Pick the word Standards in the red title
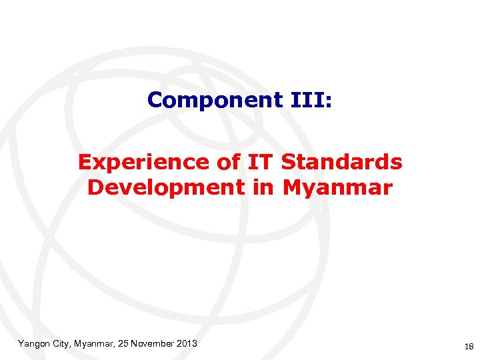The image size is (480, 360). pyautogui.click(x=342, y=162)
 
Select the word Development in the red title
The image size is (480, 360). pyautogui.click(x=165, y=188)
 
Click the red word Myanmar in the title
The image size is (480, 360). pyautogui.click(x=337, y=188)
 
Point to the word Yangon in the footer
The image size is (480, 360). pyautogui.click(x=33, y=343)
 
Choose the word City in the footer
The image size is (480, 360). pyautogui.click(x=65, y=343)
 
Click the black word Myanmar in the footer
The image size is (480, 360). pyautogui.click(x=95, y=343)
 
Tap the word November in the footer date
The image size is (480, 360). pyautogui.click(x=153, y=343)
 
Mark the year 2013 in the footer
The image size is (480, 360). pyautogui.click(x=187, y=343)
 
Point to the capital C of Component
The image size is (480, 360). pyautogui.click(x=155, y=100)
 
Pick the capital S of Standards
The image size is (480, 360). pyautogui.click(x=288, y=162)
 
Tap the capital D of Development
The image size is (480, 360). pyautogui.click(x=94, y=188)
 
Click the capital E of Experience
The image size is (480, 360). pyautogui.click(x=84, y=162)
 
